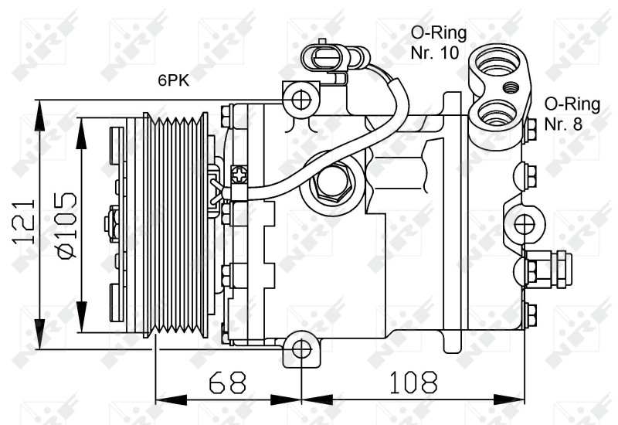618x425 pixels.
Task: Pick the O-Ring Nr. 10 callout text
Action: (x=437, y=42)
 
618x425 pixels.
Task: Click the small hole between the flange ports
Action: (x=511, y=87)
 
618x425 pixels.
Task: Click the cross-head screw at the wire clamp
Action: (x=239, y=175)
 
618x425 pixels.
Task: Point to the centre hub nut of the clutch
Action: (x=111, y=224)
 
